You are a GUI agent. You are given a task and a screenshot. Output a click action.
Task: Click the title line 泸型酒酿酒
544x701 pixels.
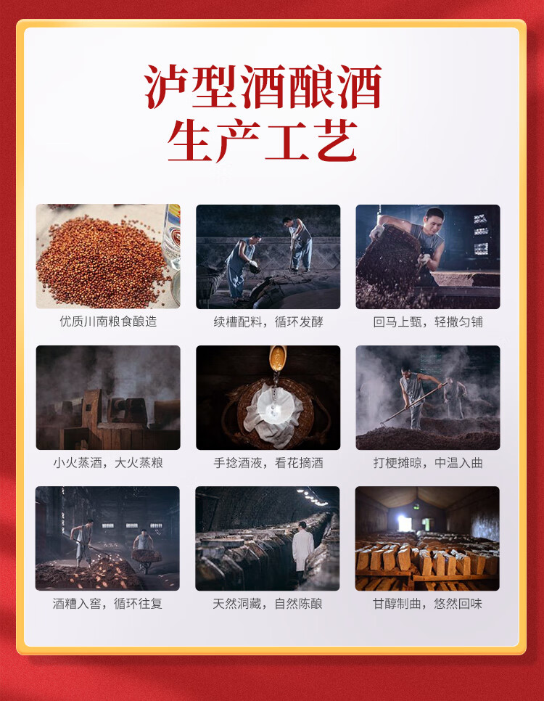[x=263, y=87]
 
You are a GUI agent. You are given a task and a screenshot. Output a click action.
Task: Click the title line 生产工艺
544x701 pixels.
[x=263, y=140]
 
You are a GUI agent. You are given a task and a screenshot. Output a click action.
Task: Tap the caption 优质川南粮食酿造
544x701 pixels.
[x=108, y=321]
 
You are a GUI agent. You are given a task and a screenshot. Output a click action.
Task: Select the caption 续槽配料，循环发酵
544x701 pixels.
[x=268, y=322]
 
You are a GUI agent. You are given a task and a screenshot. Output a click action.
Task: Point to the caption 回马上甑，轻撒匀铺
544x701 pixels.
[x=428, y=322]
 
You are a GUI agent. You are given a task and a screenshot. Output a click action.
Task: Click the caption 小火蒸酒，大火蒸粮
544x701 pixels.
[x=108, y=463]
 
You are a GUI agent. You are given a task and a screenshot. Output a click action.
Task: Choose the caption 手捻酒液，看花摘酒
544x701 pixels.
[x=268, y=463]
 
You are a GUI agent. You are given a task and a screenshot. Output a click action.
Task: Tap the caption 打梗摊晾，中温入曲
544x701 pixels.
[x=428, y=463]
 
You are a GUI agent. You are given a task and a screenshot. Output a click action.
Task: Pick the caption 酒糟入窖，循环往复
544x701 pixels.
[x=107, y=604]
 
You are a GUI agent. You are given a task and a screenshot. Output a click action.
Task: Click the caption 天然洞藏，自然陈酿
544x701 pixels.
[x=268, y=604]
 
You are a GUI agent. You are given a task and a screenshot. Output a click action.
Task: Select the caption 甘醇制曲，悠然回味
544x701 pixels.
[x=427, y=604]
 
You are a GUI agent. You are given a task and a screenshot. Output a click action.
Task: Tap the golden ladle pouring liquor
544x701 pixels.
[x=277, y=358]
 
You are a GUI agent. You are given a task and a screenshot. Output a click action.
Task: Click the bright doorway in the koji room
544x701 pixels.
[x=405, y=523]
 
